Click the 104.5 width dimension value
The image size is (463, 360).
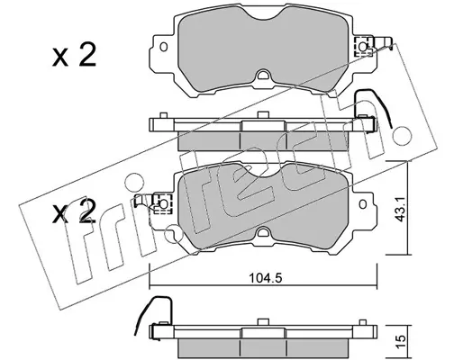tap(262, 279)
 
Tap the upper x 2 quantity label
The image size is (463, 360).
tap(74, 55)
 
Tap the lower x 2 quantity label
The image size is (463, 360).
tap(74, 211)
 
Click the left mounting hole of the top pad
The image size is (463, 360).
tap(164, 47)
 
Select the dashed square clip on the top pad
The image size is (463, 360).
tap(363, 46)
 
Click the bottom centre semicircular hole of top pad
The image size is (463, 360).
tap(263, 76)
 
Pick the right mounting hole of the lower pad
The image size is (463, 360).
tap(363, 204)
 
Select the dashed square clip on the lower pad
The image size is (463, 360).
tap(162, 204)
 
